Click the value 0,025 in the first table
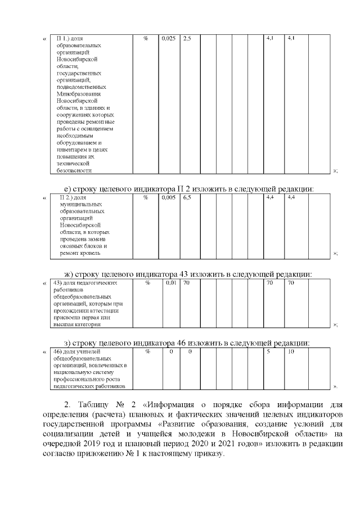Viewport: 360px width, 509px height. [x=168, y=38]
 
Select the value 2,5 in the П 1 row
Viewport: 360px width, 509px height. [x=187, y=38]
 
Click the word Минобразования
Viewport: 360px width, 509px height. [x=78, y=93]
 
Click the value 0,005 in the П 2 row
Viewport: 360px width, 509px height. [x=168, y=198]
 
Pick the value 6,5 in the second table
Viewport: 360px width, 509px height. [x=187, y=198]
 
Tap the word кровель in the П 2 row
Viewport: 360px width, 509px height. [x=90, y=254]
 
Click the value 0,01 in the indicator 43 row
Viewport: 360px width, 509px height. [x=171, y=283]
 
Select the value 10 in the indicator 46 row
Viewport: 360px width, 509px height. [x=290, y=352]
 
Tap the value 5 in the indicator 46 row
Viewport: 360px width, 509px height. [x=268, y=352]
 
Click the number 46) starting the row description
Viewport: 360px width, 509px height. [x=57, y=352]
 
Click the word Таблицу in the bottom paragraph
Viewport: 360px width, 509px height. [x=97, y=404]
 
